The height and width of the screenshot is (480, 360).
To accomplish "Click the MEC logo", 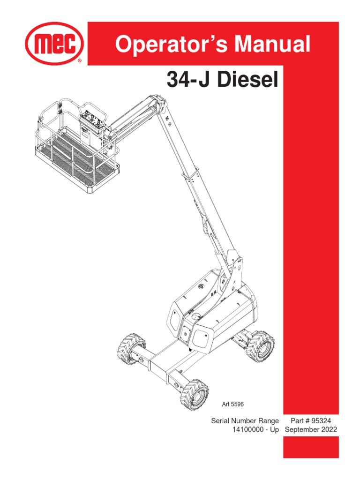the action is [54, 44].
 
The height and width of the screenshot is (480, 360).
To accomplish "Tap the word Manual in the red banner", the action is [272, 44].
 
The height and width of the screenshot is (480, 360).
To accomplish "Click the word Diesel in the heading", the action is [248, 79].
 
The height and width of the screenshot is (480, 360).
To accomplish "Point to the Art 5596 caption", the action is [232, 404].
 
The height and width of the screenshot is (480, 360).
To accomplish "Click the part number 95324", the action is [321, 420].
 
